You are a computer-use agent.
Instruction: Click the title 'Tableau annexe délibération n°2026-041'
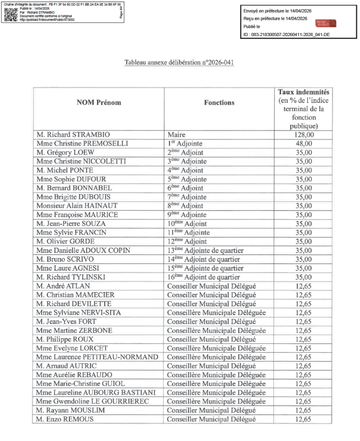(x=180, y=62)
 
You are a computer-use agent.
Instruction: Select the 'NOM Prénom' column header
(x=98, y=103)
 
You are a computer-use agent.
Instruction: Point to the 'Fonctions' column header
(x=219, y=103)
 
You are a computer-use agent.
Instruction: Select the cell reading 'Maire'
(x=176, y=135)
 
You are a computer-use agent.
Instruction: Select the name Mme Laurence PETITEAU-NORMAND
(x=97, y=357)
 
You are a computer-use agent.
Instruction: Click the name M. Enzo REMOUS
(x=64, y=419)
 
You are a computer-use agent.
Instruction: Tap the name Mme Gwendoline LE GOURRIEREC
(x=92, y=402)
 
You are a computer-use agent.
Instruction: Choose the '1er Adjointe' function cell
(x=187, y=144)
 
